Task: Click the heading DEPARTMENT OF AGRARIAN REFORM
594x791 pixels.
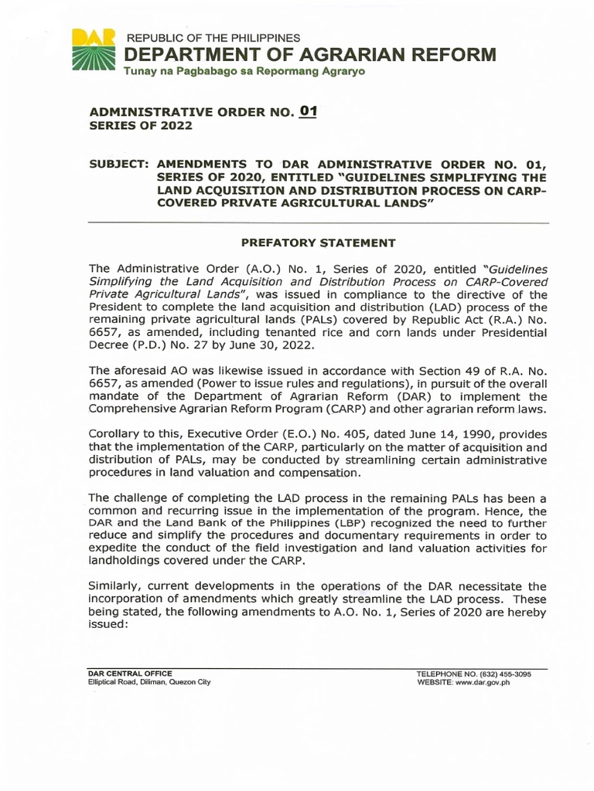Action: [x=309, y=55]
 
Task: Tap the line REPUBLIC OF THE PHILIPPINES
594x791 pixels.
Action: [x=213, y=38]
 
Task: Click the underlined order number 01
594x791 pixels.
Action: [x=309, y=111]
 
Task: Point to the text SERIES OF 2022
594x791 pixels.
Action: [x=138, y=126]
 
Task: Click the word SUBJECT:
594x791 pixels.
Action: [x=119, y=164]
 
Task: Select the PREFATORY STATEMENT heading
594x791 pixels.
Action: [x=319, y=243]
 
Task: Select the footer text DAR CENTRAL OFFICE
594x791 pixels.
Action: [x=130, y=674]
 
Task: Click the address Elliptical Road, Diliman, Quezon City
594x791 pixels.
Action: [x=149, y=682]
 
